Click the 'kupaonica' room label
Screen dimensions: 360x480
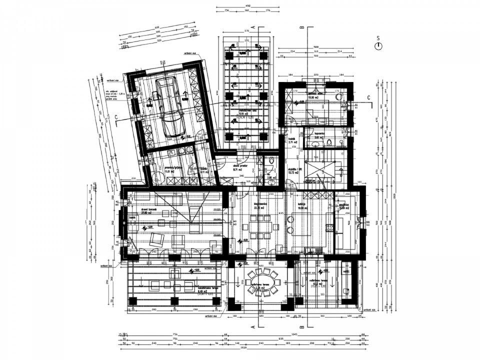coord(320,134)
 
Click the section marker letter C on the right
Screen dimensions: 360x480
coord(369,97)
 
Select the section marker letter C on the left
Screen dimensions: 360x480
coord(116,117)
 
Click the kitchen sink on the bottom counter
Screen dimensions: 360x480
coord(306,251)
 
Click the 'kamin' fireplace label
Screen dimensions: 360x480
coord(132,218)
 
